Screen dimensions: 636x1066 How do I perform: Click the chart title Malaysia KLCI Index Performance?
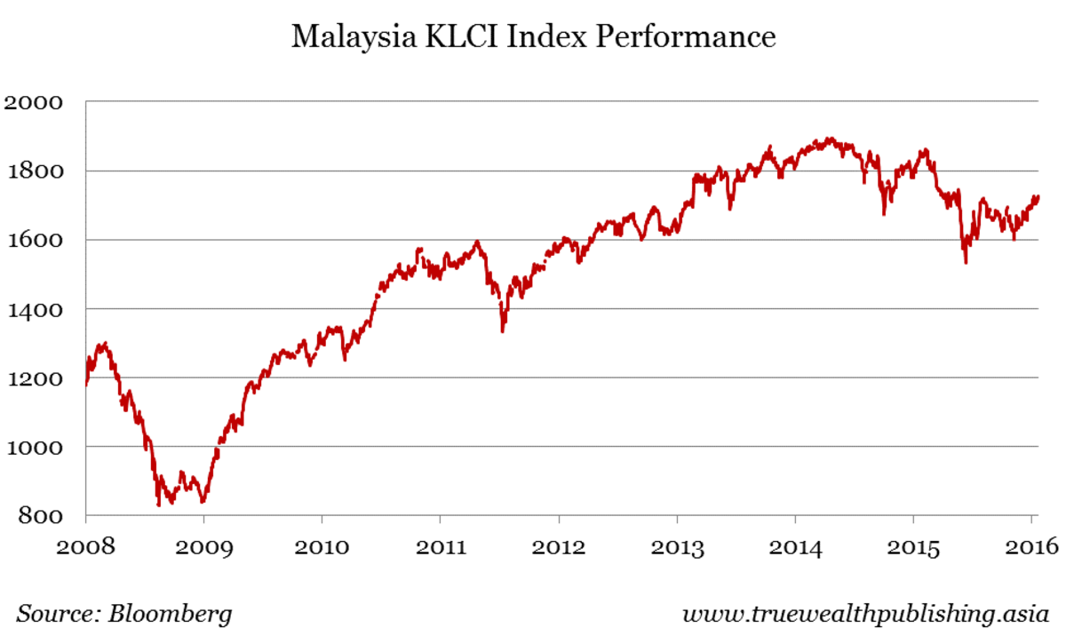(533, 38)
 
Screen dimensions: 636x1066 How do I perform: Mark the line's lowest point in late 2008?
(159, 505)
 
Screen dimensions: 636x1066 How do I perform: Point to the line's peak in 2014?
(828, 139)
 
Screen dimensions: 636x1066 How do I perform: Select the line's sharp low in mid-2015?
(966, 262)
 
